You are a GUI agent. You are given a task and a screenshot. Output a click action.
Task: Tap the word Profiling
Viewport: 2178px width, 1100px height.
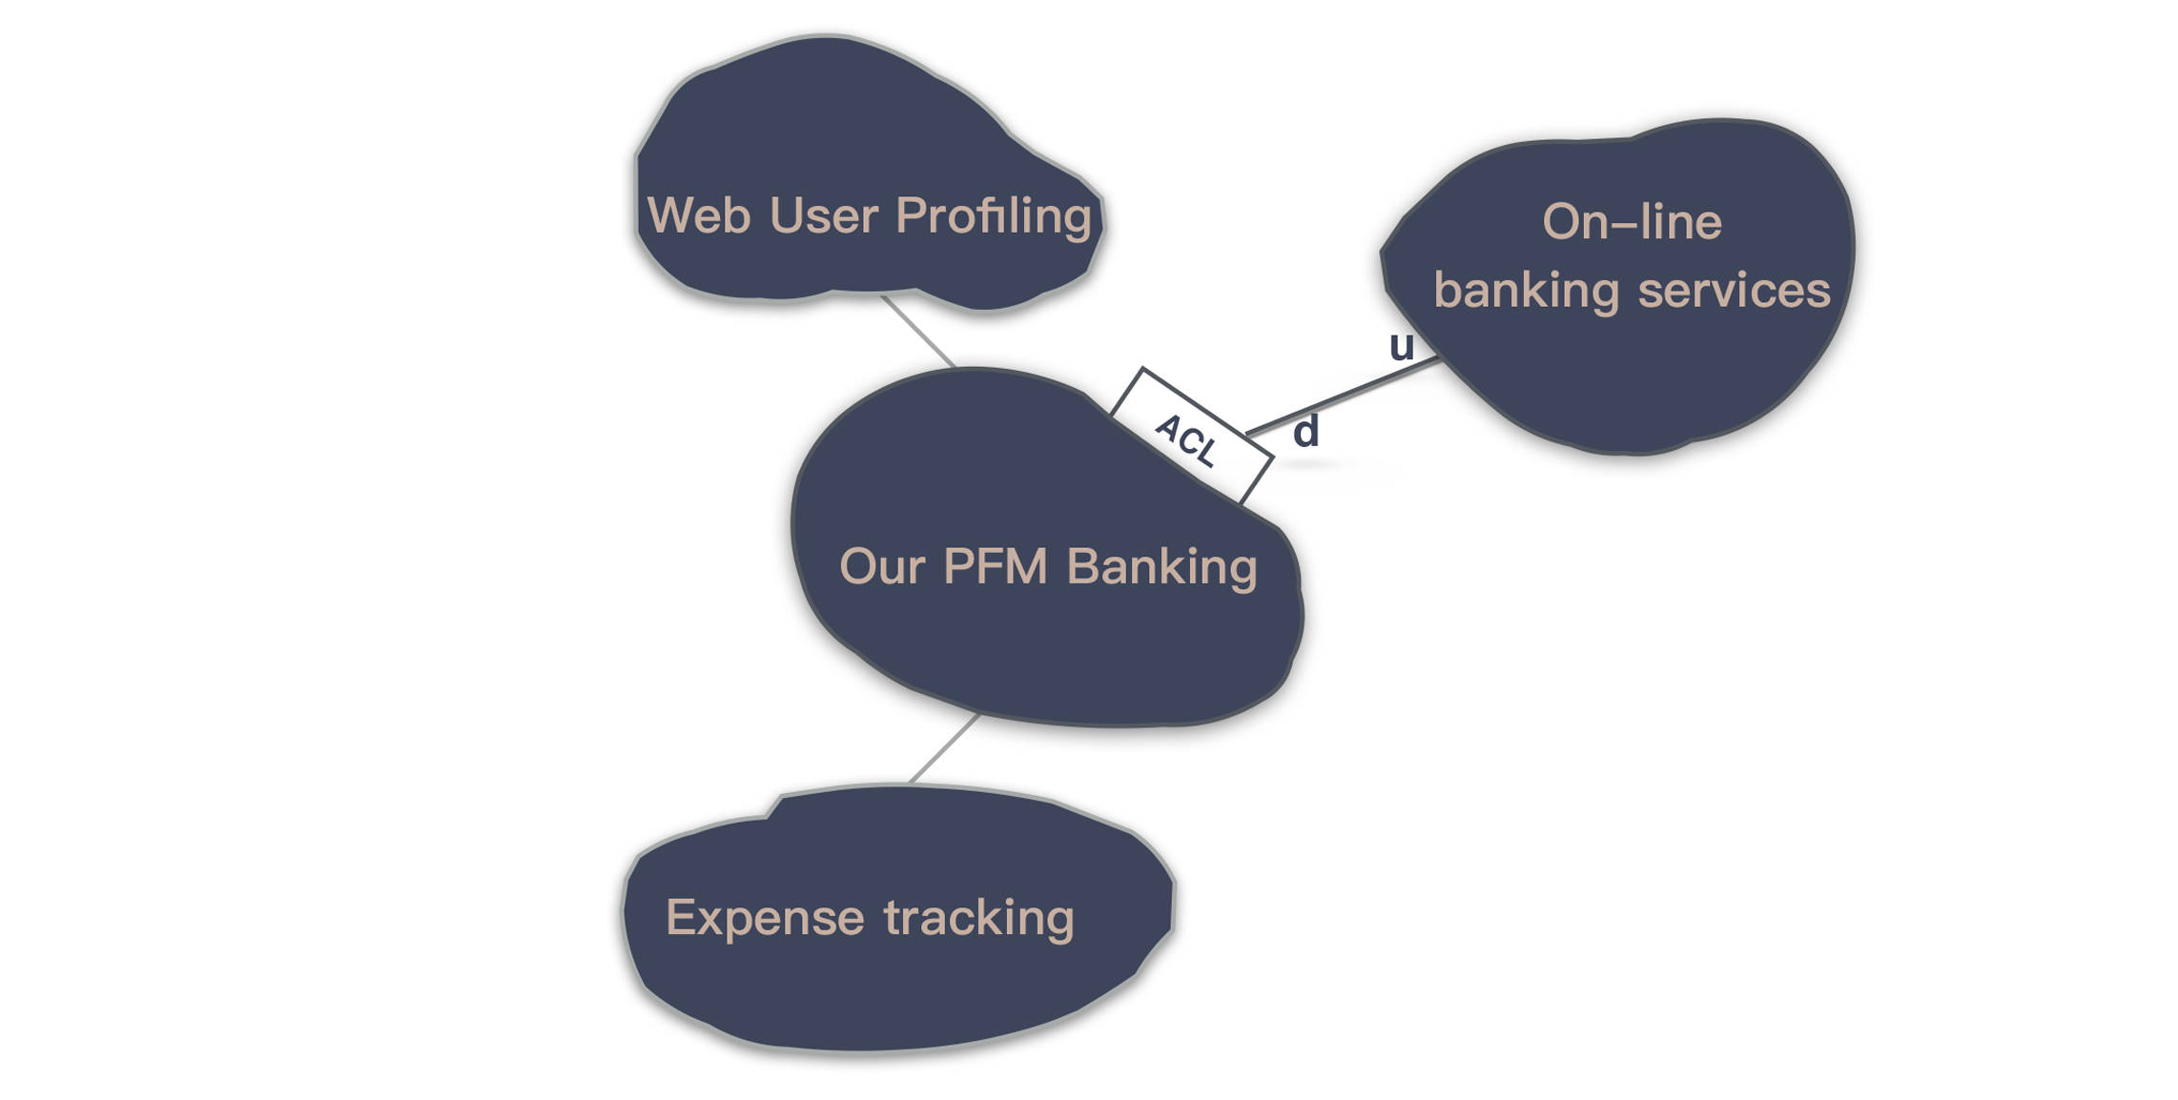[994, 217]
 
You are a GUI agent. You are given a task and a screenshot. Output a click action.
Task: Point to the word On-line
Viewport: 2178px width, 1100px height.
[1632, 222]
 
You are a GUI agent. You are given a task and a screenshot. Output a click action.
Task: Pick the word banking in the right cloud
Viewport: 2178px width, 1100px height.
[1526, 290]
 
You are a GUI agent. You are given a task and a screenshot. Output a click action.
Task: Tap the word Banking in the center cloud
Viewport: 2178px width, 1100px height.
[1161, 568]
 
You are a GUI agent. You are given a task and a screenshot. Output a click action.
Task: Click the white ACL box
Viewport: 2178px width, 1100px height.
[1191, 436]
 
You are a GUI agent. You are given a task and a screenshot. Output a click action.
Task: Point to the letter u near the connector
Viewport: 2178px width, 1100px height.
[1401, 346]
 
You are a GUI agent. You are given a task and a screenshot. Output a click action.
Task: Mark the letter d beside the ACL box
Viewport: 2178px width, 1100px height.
[1305, 432]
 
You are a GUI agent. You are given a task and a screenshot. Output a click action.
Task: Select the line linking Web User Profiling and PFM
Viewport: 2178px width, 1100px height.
[917, 331]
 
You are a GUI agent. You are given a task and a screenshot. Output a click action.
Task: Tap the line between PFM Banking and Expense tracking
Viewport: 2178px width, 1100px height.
[944, 749]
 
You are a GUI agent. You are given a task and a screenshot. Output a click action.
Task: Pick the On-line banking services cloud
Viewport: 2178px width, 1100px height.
[1640, 381]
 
